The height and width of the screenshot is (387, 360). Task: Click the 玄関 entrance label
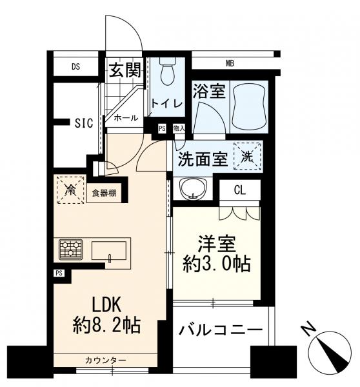point(124,70)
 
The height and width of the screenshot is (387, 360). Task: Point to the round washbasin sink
point(192,189)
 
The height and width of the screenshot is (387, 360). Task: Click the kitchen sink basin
point(110,248)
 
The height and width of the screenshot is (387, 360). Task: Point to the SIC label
point(85,123)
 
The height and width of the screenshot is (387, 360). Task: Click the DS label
point(75,65)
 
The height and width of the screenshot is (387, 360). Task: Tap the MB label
point(230,63)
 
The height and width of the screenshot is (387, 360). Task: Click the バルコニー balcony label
point(220,330)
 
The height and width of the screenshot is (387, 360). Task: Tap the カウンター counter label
point(104,359)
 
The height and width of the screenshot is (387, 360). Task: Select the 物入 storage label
point(179,128)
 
